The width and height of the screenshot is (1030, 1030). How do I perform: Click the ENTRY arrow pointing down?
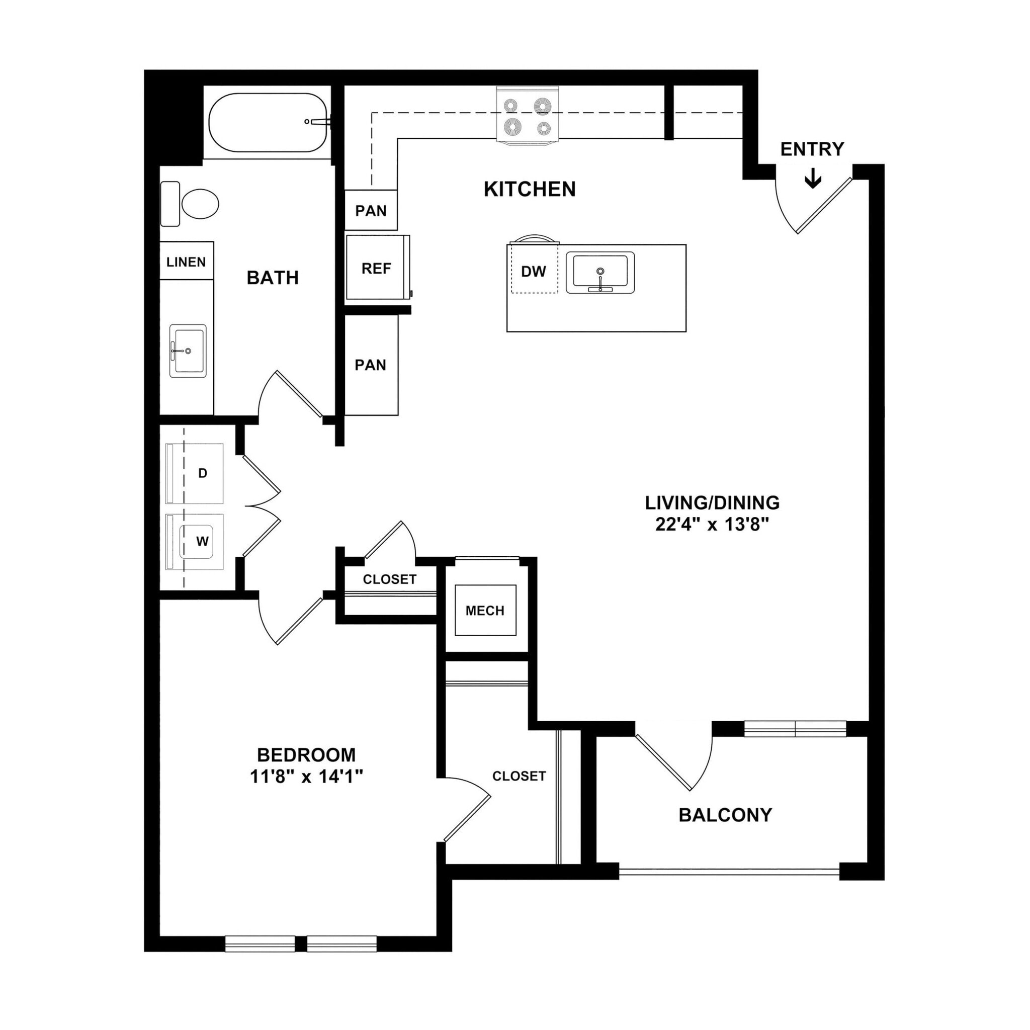[x=813, y=179]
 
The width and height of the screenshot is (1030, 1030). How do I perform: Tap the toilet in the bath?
[x=199, y=204]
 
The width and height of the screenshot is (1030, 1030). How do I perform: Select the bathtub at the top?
[x=268, y=123]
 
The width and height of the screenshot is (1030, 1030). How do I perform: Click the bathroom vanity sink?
[x=188, y=351]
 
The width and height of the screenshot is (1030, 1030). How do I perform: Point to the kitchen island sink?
[x=600, y=273]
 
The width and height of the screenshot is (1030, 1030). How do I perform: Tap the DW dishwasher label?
[x=533, y=272]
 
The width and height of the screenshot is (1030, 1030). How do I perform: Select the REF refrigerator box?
[x=376, y=268]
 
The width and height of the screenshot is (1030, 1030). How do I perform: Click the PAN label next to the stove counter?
[x=371, y=211]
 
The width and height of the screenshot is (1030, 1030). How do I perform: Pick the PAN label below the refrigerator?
[x=370, y=365]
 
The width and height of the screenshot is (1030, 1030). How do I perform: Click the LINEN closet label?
[x=186, y=262]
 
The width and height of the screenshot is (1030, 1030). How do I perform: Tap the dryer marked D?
[x=202, y=473]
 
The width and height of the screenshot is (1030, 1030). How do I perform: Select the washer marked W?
[x=202, y=542]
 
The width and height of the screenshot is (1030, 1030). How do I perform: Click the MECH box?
[x=485, y=611]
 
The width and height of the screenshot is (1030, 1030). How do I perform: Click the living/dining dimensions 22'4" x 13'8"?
[x=712, y=525]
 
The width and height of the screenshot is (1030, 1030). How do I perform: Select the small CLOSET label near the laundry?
[x=389, y=579]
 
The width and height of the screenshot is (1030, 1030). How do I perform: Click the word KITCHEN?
[x=530, y=189]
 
